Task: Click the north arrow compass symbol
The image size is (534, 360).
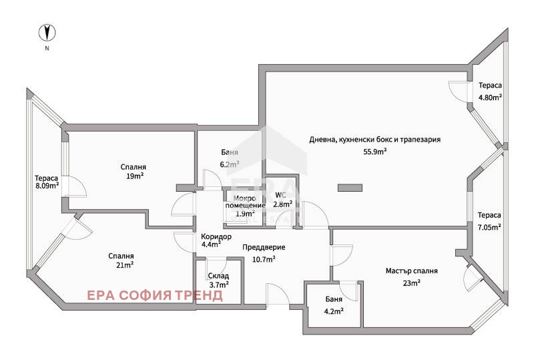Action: pos(47,33)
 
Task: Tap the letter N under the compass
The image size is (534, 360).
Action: pos(47,48)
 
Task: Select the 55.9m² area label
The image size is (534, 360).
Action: pos(374,152)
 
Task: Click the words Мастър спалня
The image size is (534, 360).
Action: pos(411,271)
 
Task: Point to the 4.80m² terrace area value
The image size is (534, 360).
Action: pos(490,97)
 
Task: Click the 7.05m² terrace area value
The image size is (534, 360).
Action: pos(489,227)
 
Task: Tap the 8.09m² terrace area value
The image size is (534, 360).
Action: pos(47,186)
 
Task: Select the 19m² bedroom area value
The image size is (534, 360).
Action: pos(135,176)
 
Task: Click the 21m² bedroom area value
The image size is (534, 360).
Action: pos(125,265)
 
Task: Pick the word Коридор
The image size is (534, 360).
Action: pos(216,236)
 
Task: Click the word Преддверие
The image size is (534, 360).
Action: pos(264,247)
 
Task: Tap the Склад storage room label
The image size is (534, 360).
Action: pos(218,276)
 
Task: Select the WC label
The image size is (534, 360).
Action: pos(280,195)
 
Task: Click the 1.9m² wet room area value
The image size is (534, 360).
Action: pos(245,214)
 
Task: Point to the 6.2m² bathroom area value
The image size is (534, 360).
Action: pos(229,164)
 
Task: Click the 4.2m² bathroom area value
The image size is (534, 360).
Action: pos(333,311)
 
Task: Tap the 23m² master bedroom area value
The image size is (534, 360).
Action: pos(411,283)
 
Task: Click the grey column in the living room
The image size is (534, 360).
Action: pos(350,188)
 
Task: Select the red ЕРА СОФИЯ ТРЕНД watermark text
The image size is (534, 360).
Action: pos(155,295)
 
